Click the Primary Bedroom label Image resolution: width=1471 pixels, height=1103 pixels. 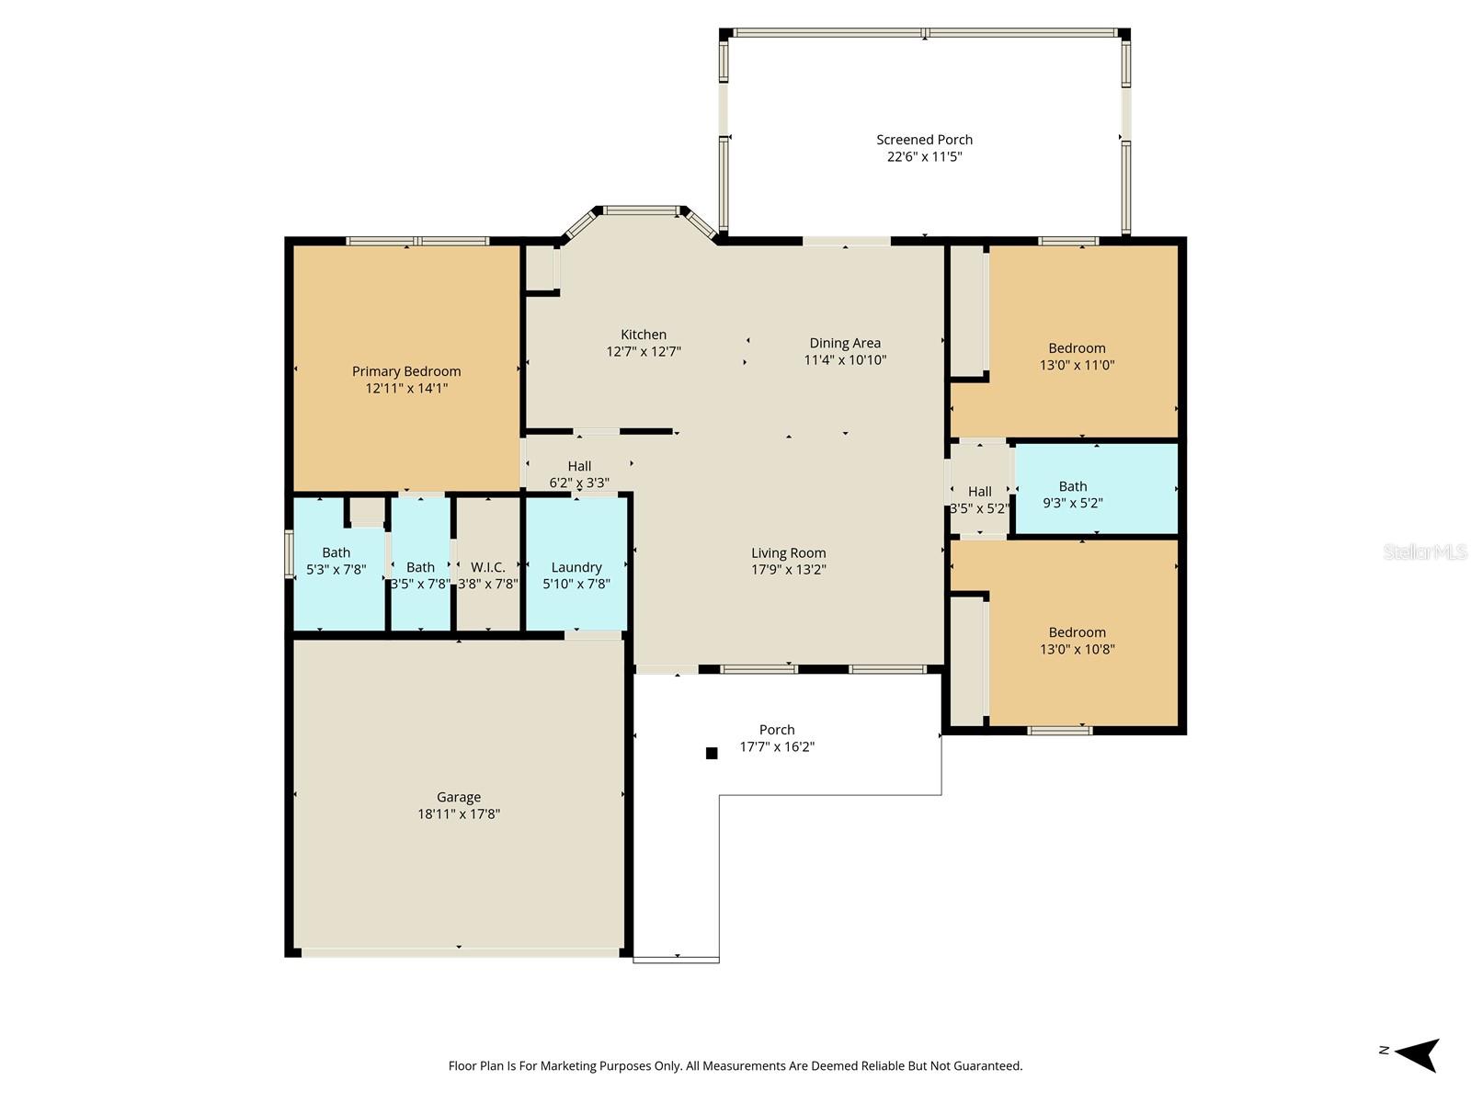[x=406, y=371]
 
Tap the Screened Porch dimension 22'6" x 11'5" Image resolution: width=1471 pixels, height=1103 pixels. [x=924, y=157]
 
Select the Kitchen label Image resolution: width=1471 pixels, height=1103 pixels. [x=644, y=335]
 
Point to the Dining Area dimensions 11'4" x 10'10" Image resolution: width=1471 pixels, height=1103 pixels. [x=845, y=360]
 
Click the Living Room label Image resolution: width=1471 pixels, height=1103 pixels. [x=788, y=552]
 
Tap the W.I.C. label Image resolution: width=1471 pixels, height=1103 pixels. [x=487, y=567]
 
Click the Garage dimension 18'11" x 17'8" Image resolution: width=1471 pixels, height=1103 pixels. [x=458, y=814]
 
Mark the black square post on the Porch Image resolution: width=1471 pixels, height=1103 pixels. [x=711, y=753]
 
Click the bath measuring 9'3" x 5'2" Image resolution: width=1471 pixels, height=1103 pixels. [x=1073, y=495]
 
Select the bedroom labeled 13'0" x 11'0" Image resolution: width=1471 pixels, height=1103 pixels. [x=1077, y=357]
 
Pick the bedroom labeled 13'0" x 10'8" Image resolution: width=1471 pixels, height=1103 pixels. [x=1077, y=641]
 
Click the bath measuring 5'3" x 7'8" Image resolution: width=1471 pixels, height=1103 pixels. [x=336, y=561]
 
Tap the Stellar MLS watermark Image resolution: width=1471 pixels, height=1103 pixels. [x=1424, y=552]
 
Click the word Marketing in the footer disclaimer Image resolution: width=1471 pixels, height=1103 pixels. [x=568, y=1066]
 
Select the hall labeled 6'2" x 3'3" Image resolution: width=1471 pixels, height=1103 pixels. [x=579, y=473]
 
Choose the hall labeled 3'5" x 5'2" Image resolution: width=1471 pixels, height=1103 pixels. [x=979, y=499]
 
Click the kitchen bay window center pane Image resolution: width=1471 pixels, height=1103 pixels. [x=640, y=210]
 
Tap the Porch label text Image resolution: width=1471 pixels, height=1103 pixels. [x=777, y=730]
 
